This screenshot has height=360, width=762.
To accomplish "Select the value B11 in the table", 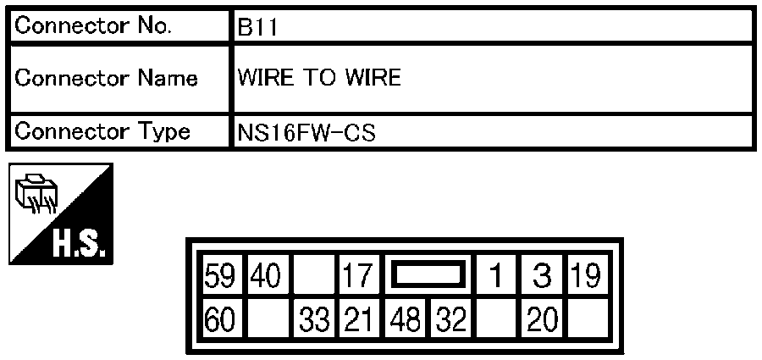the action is (x=257, y=28).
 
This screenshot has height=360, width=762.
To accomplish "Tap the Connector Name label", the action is (x=106, y=78).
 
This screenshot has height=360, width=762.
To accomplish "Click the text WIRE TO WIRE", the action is (x=319, y=78).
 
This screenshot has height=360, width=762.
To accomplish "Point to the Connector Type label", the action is (x=102, y=132).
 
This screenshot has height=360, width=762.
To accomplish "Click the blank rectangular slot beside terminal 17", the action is (x=428, y=274).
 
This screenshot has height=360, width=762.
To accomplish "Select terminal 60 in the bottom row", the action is (x=219, y=320).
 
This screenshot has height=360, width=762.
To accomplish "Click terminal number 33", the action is (x=314, y=320).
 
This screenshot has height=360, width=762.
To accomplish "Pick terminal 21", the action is (x=357, y=320).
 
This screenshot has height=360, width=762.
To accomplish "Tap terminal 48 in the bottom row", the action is (x=405, y=320).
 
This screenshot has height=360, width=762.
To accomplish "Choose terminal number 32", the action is (x=450, y=320).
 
